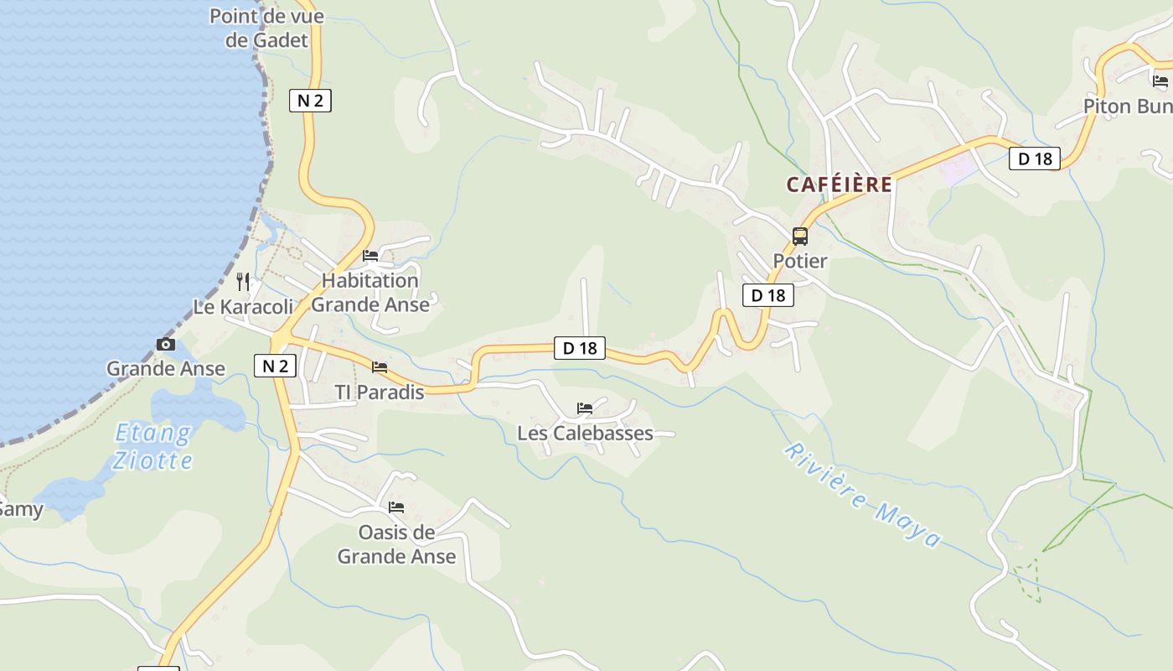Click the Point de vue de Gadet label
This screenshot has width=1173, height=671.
266,28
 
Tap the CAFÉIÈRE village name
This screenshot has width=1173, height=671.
839,185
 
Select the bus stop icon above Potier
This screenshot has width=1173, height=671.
800,237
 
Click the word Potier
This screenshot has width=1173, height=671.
800,261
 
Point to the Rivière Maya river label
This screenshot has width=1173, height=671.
863,495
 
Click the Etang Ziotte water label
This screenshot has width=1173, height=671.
153,446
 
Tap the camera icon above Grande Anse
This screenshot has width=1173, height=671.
166,345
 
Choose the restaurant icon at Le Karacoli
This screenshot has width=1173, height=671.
243,281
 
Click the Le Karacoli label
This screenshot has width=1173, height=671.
244,307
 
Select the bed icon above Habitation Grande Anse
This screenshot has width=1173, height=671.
370,256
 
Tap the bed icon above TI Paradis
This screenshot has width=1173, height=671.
380,367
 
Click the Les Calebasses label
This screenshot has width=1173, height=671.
585,433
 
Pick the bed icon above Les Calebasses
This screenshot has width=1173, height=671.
585,408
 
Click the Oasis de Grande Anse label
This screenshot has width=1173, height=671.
396,544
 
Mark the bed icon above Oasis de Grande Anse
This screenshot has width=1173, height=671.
396,507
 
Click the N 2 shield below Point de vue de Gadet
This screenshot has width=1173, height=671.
310,101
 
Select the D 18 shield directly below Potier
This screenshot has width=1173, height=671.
767,295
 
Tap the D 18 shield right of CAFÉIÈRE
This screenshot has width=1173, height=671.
1034,159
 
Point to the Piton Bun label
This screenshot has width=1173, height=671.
1128,107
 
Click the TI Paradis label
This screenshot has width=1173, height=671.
380,392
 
